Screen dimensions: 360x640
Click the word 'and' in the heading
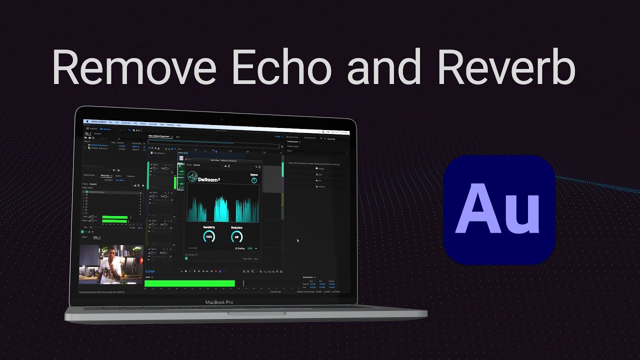coord(385,67)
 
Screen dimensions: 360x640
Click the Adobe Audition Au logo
coord(499,210)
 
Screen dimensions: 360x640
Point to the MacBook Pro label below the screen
coord(219,302)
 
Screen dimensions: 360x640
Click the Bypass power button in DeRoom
coord(254,180)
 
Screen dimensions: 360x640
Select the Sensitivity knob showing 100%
coord(209,236)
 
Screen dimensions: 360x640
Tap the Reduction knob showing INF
coord(237,237)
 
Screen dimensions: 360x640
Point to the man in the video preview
coord(109,265)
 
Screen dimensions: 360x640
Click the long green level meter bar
coord(189,283)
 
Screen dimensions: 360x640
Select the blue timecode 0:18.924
coord(150,271)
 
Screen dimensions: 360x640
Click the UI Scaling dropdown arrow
coord(256,248)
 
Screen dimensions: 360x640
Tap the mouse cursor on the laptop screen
coord(298,240)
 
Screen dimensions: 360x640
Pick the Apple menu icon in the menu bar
coord(86,121)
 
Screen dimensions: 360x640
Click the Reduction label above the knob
coord(237,227)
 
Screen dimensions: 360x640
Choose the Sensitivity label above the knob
coord(209,227)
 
